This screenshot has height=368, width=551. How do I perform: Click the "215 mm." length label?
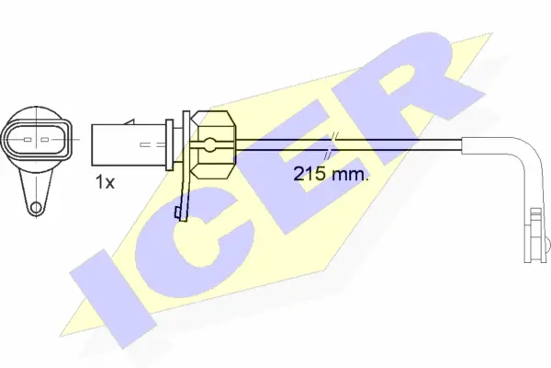(331, 175)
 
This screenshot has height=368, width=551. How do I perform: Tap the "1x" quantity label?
(104, 182)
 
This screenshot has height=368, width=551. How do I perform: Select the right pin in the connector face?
(46, 141)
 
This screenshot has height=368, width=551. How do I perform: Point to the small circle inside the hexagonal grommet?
(210, 144)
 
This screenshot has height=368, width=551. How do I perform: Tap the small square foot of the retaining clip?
(181, 214)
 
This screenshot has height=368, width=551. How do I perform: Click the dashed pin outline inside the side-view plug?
(147, 144)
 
